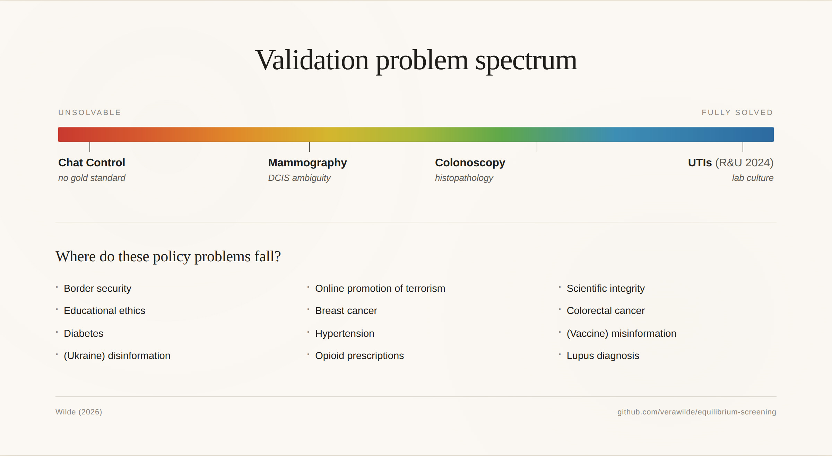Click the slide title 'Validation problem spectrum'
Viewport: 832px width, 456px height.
click(x=416, y=60)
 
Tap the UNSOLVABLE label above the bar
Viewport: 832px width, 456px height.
click(x=89, y=113)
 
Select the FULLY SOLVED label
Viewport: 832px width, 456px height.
click(x=737, y=113)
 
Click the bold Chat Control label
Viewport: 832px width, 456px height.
click(x=92, y=163)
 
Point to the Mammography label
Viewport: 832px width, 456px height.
click(x=307, y=163)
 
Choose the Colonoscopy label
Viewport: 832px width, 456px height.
click(x=470, y=163)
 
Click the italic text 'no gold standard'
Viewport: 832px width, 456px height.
click(x=92, y=178)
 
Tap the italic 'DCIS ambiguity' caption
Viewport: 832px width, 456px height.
click(x=300, y=178)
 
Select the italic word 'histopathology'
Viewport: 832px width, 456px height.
click(x=464, y=178)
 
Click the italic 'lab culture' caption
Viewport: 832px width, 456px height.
click(x=753, y=178)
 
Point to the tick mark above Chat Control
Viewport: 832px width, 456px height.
click(x=90, y=147)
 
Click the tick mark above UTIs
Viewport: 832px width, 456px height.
click(x=743, y=147)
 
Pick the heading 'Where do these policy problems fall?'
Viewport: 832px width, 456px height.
click(x=168, y=257)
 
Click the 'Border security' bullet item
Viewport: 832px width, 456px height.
click(x=97, y=289)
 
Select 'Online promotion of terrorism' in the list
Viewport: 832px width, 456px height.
click(x=380, y=289)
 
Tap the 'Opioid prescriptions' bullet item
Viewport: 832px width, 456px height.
click(x=359, y=356)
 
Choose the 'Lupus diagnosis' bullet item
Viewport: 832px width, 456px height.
click(x=603, y=356)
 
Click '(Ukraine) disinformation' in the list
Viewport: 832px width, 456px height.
click(x=117, y=356)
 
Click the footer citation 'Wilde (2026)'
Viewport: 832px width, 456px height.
click(x=79, y=412)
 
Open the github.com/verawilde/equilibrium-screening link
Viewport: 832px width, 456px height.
click(x=697, y=412)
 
